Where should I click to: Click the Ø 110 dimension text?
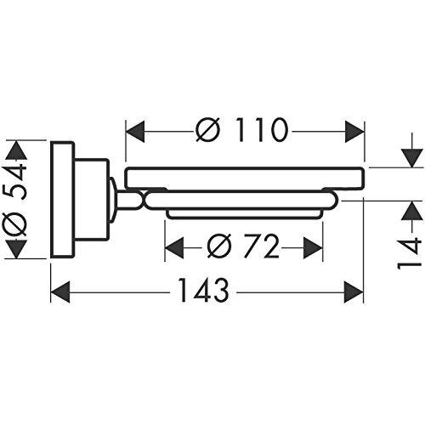(242, 130)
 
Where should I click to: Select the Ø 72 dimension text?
(243, 246)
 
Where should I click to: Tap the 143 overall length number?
(204, 291)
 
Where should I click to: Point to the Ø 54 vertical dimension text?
(14, 201)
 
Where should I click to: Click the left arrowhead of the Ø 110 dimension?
(135, 132)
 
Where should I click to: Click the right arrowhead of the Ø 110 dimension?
(354, 132)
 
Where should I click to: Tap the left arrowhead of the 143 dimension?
(60, 292)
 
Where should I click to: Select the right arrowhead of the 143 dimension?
(354, 292)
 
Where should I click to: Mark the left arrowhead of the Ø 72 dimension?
(174, 247)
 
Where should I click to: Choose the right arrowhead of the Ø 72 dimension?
(313, 247)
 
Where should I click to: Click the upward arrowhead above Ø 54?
(16, 150)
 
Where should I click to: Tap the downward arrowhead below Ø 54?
(16, 249)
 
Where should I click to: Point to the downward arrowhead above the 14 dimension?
(412, 158)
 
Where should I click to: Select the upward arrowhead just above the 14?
(412, 210)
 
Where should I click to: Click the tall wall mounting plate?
(63, 200)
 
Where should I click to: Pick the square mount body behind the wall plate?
(92, 200)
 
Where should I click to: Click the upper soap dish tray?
(245, 178)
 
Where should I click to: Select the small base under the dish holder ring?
(244, 214)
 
